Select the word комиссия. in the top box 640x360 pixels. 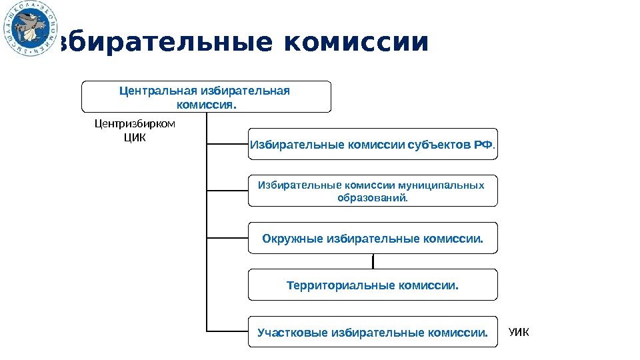(206, 105)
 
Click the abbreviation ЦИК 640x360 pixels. (135, 138)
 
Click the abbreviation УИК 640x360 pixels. (518, 331)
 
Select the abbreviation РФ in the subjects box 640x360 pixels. (482, 144)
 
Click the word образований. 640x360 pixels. (373, 198)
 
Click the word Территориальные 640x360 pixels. (340, 285)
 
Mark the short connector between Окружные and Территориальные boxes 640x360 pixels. (373, 261)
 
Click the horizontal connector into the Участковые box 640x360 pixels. (227, 331)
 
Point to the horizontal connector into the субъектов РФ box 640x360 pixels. (227, 143)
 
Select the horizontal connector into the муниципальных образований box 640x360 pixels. (227, 191)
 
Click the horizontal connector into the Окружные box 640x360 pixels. (227, 237)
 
